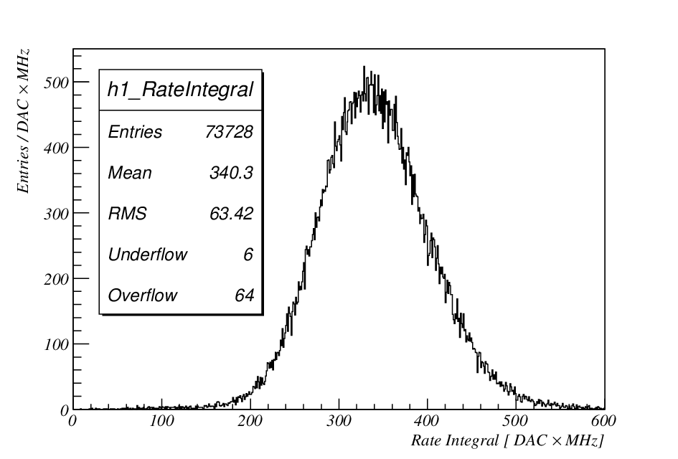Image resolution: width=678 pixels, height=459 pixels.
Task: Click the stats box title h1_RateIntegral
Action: click(x=180, y=90)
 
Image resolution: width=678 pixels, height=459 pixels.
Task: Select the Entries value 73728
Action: click(x=229, y=132)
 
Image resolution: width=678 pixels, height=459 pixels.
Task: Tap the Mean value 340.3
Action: click(x=231, y=172)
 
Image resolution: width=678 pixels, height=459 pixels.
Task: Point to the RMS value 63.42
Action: click(x=231, y=214)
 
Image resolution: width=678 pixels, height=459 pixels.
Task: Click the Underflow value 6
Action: click(x=248, y=254)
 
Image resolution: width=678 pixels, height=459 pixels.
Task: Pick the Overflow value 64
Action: click(x=245, y=295)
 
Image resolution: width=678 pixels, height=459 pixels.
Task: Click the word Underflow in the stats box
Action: click(x=148, y=254)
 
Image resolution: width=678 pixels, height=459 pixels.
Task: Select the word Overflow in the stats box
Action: click(x=143, y=295)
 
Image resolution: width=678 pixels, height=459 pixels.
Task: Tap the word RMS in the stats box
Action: click(x=127, y=214)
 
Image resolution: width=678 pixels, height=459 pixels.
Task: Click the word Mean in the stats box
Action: click(x=130, y=172)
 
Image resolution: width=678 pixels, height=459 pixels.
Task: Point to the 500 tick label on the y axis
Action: click(x=56, y=82)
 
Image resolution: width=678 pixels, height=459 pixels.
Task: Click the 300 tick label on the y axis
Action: click(x=56, y=214)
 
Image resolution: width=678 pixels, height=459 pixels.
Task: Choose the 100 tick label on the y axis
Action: click(x=56, y=344)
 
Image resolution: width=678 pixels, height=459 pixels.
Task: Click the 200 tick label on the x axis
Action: click(x=250, y=420)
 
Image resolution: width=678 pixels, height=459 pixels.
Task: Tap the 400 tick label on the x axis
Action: click(x=427, y=420)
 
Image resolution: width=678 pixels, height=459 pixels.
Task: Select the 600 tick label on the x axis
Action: click(x=603, y=420)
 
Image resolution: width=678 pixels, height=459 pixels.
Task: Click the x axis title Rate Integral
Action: click(x=454, y=440)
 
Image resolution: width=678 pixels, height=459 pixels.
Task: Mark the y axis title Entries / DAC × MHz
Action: click(x=23, y=121)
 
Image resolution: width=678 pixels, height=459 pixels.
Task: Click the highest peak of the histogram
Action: click(x=364, y=67)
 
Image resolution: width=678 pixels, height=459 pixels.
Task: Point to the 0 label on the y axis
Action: click(x=65, y=410)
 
